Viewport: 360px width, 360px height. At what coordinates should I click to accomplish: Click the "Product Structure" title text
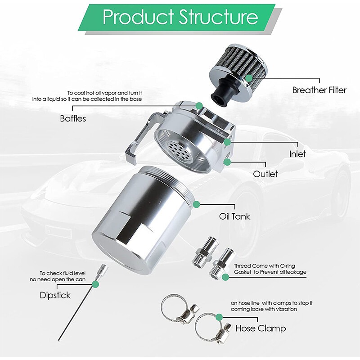click(x=180, y=17)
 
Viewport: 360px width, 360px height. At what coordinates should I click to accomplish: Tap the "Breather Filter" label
click(x=319, y=90)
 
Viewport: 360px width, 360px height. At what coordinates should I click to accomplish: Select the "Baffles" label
click(x=73, y=118)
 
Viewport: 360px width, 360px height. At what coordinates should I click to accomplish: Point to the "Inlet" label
click(x=297, y=154)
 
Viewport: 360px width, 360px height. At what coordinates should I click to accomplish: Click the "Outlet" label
click(x=265, y=174)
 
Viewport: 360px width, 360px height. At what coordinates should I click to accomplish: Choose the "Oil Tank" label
click(x=234, y=216)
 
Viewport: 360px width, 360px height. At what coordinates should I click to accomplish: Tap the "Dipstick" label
click(x=55, y=295)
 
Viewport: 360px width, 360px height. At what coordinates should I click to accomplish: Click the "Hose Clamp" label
click(x=261, y=328)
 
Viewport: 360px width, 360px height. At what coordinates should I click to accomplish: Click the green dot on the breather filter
click(x=249, y=78)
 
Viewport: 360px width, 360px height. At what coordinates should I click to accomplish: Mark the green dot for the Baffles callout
click(x=199, y=106)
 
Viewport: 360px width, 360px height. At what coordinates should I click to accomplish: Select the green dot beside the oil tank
click(x=197, y=204)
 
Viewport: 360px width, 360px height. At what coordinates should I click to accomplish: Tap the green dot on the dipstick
click(x=95, y=284)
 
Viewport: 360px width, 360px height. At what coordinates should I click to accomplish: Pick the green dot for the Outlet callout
click(x=227, y=162)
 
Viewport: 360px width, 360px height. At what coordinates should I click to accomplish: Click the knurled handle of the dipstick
click(x=102, y=269)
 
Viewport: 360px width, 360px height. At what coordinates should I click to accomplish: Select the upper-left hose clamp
click(x=179, y=308)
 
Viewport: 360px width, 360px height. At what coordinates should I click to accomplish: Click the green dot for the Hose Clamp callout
click(x=219, y=317)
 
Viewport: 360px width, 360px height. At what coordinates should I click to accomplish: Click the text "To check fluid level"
click(x=63, y=274)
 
